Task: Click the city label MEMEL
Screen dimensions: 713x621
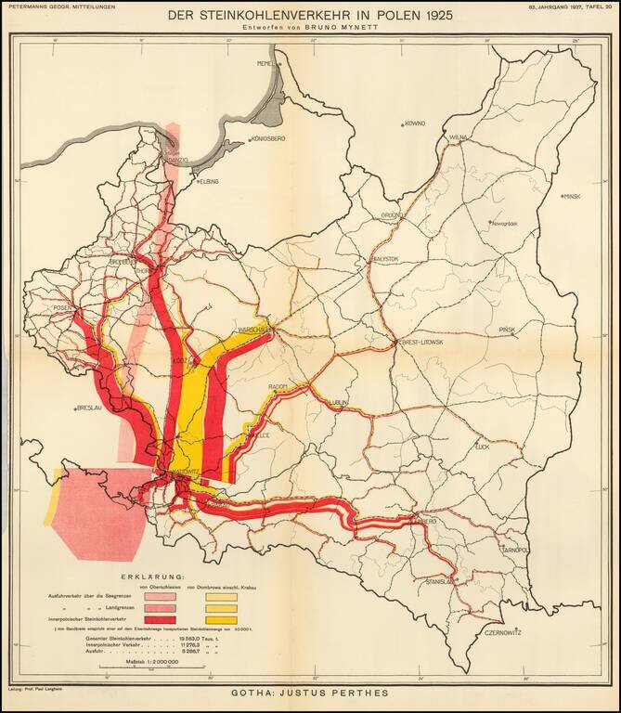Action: point(267,63)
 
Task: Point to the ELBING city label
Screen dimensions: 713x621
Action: point(209,182)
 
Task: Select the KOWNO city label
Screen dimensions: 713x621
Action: point(414,123)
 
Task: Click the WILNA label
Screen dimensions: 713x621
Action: point(457,136)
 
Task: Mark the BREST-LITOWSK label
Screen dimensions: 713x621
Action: point(420,343)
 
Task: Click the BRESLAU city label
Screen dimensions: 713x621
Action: point(88,408)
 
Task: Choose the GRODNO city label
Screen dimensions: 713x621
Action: point(392,215)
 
